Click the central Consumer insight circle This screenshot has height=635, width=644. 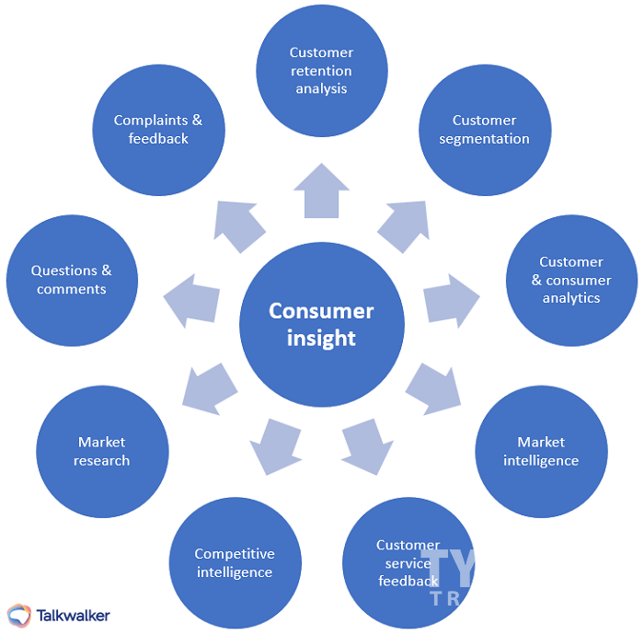point(322,324)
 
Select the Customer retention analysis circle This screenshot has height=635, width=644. point(321,71)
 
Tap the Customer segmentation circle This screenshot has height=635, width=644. point(485,130)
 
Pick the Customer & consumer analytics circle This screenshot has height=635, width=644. point(571,280)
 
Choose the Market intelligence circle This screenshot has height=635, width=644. point(541,451)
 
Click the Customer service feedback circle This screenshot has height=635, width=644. point(408,562)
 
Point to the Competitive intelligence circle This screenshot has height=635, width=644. point(235,562)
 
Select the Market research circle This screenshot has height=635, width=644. point(102,451)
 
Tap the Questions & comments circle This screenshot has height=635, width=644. point(72,280)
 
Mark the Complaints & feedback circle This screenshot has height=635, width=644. point(158,130)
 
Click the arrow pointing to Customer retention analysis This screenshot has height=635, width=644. point(321,191)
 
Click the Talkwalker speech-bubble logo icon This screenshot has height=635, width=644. point(18,615)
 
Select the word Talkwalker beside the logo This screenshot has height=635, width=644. point(73,615)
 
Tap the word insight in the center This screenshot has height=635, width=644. point(321,338)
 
